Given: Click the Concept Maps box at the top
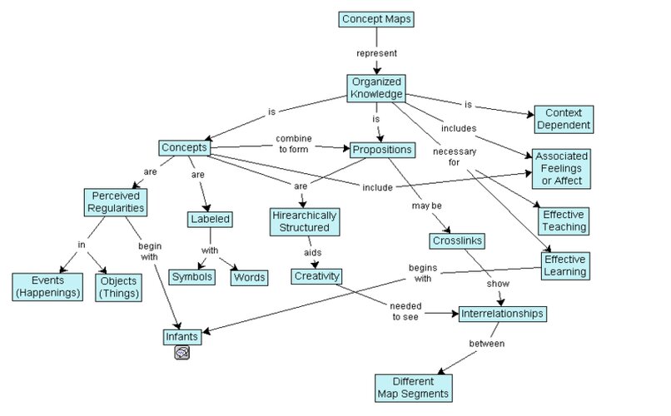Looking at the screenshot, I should click(375, 18).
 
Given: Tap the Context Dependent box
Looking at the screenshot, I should click(563, 119).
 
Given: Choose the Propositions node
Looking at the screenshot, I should click(381, 150).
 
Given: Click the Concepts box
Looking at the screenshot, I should click(184, 148).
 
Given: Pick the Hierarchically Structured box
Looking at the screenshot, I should click(304, 221).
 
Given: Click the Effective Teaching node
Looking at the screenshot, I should click(564, 220).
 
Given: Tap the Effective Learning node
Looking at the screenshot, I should click(564, 265).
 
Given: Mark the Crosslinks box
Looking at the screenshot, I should click(457, 241).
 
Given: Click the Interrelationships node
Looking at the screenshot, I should click(502, 314).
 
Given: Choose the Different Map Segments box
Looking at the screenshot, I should click(413, 387).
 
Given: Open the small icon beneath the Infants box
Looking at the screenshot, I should click(182, 353).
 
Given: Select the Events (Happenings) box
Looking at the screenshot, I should click(46, 286).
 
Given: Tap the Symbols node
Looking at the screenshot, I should click(192, 276).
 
